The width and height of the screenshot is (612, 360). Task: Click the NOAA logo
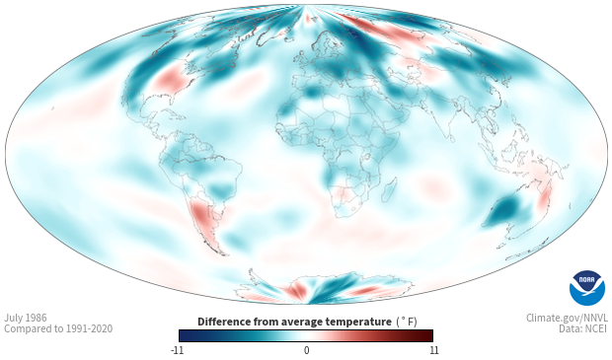pos(587,288)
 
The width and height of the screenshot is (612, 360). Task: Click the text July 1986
pos(26,318)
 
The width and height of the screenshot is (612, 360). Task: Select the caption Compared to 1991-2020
pos(58,328)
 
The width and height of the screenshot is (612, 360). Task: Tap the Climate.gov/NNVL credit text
pos(567,318)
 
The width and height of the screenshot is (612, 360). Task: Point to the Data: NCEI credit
pos(583,328)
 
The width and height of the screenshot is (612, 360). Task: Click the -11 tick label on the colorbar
pos(177,350)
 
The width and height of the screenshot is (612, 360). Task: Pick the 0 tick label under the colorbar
pos(306,350)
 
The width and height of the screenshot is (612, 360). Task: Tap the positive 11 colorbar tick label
pos(434,350)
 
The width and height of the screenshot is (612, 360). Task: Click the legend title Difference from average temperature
pos(294,322)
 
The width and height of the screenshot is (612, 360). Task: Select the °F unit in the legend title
pos(407,322)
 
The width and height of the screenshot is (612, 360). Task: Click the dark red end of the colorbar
pos(427,335)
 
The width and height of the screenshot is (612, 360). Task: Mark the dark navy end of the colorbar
pos(185,335)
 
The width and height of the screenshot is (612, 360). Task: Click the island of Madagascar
pos(389,189)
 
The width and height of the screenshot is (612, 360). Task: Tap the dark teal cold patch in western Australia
pos(504,211)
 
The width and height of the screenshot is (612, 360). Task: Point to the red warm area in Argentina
pos(203,218)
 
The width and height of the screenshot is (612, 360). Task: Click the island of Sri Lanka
pos(452,138)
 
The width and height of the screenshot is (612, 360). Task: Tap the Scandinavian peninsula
pos(329,44)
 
